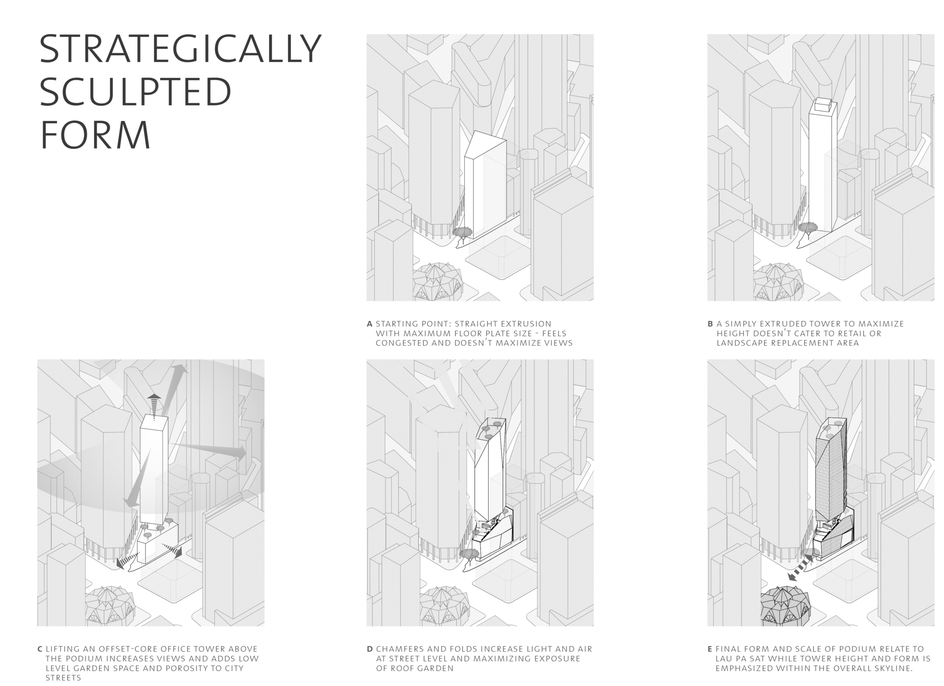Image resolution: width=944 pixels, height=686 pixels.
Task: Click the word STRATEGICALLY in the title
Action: [x=180, y=49]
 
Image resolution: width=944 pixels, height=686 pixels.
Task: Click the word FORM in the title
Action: [x=95, y=134]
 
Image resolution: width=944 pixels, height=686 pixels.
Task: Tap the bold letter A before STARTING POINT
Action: [x=370, y=324]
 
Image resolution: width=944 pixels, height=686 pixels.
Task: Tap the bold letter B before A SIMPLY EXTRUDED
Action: [x=710, y=324]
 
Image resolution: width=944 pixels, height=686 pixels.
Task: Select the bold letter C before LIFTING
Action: [x=40, y=649]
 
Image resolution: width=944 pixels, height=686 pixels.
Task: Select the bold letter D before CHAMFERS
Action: [x=370, y=649]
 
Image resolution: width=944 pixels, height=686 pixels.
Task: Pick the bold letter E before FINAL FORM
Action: [x=710, y=649]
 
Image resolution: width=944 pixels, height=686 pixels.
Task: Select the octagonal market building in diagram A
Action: [x=437, y=280]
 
